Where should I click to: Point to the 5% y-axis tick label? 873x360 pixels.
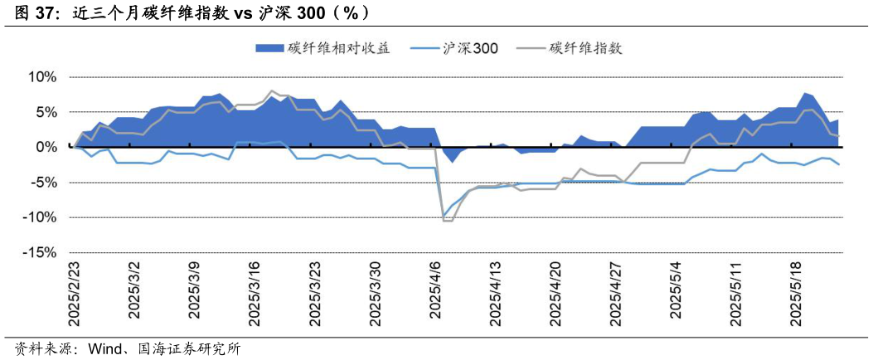tap(45, 112)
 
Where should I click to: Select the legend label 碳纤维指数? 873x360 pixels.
tap(585, 48)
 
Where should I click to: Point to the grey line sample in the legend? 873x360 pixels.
tap(529, 48)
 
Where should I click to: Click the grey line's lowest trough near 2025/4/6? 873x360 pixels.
tap(448, 221)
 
